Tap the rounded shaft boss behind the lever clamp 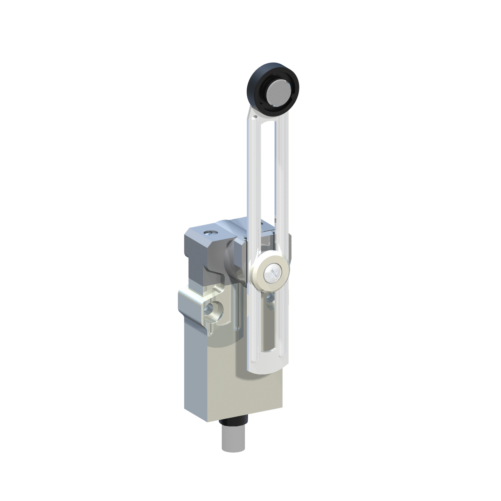pos(232,257)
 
